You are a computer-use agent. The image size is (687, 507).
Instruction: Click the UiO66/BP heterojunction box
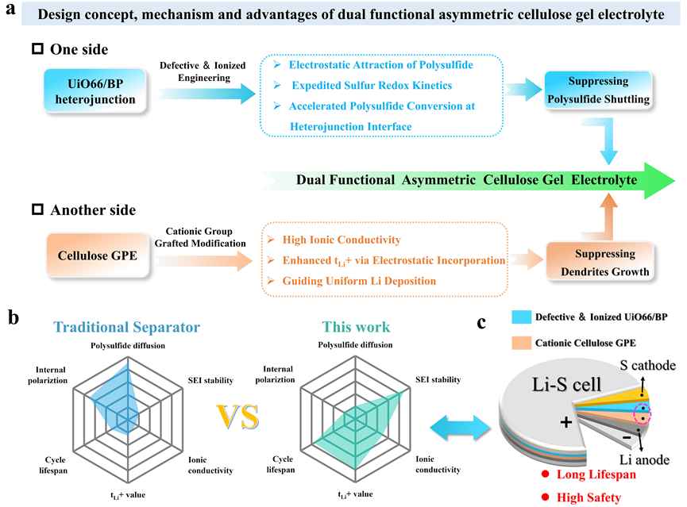point(95,91)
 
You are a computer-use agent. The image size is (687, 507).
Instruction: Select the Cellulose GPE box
point(97,255)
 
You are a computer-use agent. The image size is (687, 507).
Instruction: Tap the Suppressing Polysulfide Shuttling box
point(598,90)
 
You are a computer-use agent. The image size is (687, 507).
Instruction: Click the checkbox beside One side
point(37,48)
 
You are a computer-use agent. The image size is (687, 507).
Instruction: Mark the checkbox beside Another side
point(37,209)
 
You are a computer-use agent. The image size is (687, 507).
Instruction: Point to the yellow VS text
point(238,417)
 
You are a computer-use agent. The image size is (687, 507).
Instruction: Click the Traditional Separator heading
point(126,327)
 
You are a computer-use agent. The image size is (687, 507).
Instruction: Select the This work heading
point(356,327)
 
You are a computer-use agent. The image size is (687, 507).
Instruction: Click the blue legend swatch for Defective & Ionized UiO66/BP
point(521,317)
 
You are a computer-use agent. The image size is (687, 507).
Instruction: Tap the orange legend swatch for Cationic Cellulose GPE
point(521,343)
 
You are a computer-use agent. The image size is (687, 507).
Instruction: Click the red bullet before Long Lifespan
point(545,474)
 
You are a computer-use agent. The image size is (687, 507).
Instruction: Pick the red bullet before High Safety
point(545,497)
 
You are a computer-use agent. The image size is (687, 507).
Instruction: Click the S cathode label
point(647,365)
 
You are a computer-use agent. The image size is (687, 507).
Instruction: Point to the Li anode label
point(644,459)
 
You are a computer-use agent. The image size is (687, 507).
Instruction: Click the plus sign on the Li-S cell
point(566,422)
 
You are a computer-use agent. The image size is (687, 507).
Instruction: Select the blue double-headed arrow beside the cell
point(461,428)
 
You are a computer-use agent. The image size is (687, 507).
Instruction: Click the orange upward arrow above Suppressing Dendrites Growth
point(608,217)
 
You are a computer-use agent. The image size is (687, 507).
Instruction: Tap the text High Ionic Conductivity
point(342,240)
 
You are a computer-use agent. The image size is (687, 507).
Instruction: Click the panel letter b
point(14,317)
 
